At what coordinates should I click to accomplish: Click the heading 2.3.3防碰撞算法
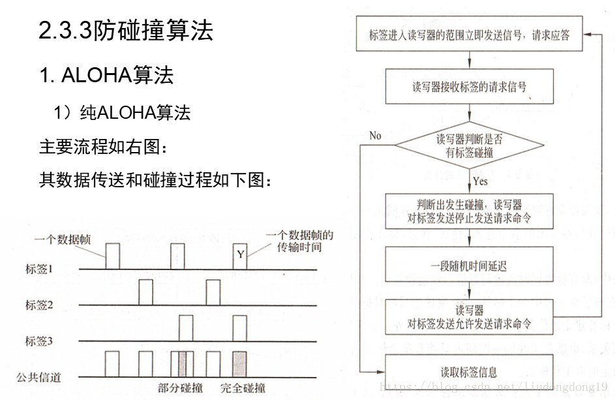(126, 31)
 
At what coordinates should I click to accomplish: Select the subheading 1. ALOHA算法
(106, 75)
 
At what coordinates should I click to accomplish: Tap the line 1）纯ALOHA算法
(122, 113)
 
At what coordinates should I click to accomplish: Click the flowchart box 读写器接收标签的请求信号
(469, 87)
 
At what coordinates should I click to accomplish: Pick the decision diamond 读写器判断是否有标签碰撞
(469, 146)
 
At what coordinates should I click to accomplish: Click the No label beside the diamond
(375, 136)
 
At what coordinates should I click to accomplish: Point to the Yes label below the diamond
(481, 181)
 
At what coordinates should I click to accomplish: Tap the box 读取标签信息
(469, 373)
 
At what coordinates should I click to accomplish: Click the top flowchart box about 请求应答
(469, 35)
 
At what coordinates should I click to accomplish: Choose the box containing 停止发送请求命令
(469, 211)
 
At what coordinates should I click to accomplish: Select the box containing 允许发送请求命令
(469, 316)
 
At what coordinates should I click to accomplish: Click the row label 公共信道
(39, 377)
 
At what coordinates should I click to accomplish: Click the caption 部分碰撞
(180, 388)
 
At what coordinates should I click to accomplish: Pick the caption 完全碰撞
(243, 388)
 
